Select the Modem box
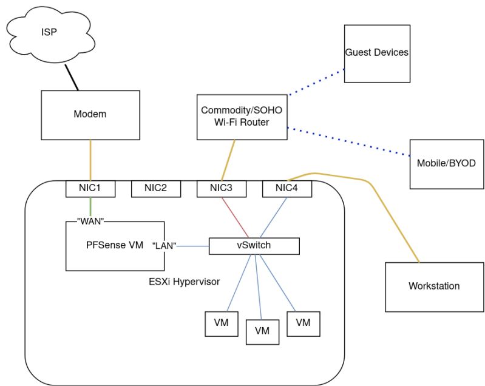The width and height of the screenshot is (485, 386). pyautogui.click(x=90, y=114)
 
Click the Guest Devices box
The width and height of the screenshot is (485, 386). pyautogui.click(x=377, y=53)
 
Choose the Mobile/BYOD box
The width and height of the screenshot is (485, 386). pyautogui.click(x=446, y=164)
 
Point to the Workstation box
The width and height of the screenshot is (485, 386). pyautogui.click(x=434, y=286)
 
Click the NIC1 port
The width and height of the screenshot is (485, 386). pyautogui.click(x=90, y=189)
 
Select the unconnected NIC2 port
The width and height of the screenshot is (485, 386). pyautogui.click(x=156, y=189)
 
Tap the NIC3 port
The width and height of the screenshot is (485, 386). pyautogui.click(x=222, y=189)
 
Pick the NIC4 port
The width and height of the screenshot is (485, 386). pyautogui.click(x=287, y=189)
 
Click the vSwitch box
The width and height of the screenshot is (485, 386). pyautogui.click(x=254, y=246)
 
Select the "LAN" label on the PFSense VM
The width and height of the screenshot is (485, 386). pyautogui.click(x=164, y=246)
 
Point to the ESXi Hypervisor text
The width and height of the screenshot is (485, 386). pyautogui.click(x=184, y=282)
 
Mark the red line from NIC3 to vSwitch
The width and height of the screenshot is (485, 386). pyautogui.click(x=234, y=217)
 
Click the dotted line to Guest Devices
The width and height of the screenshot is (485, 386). pyautogui.click(x=316, y=83)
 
